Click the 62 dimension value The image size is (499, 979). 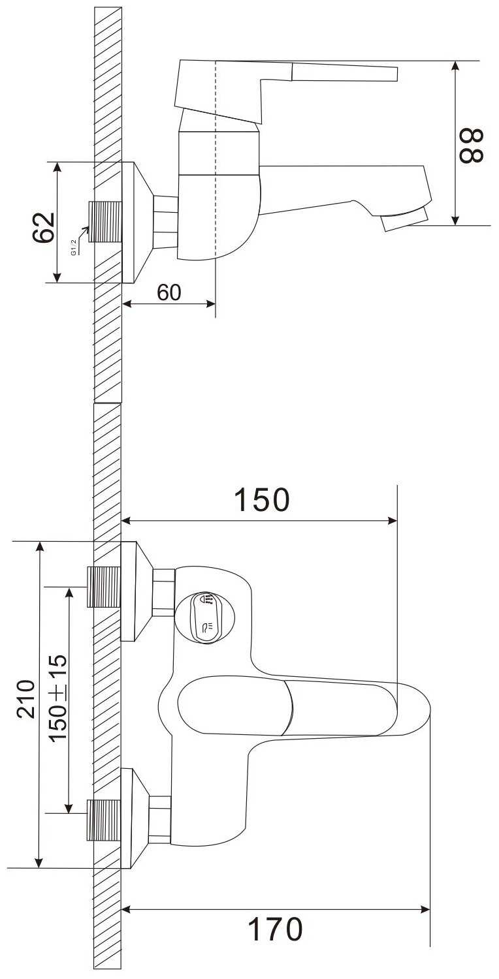point(44,227)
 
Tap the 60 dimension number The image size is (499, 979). point(169,292)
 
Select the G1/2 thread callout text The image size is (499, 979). point(73,247)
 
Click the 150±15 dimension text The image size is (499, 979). point(58,698)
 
